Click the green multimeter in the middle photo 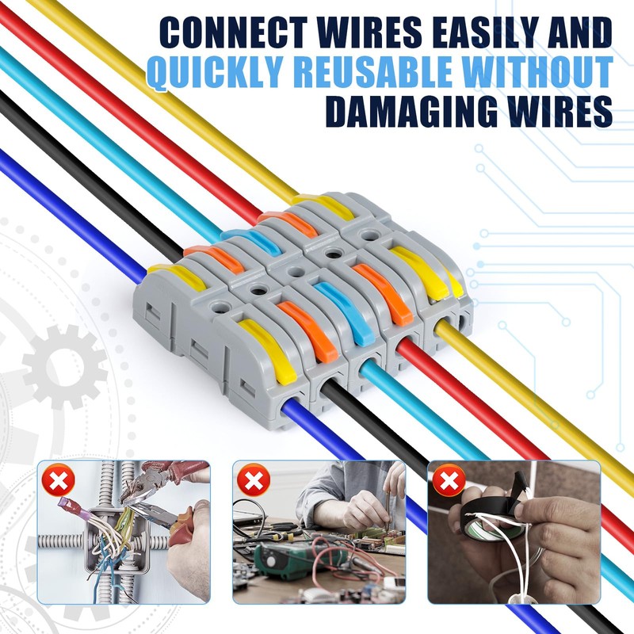click(x=273, y=559)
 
